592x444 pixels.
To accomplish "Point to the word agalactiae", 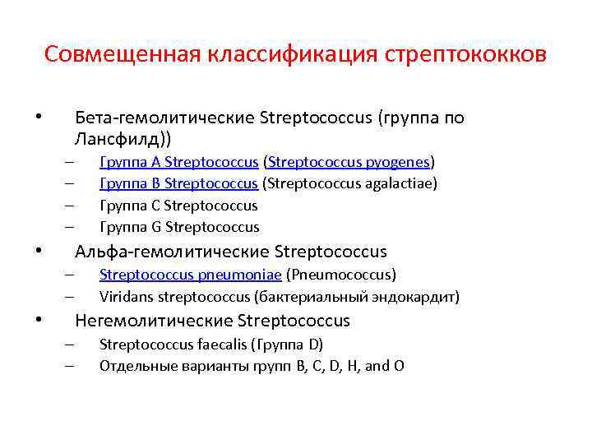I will tap(402, 183).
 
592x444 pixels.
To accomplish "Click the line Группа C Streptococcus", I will tap(178, 206).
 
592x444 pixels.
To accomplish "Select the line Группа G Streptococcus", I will tap(179, 227).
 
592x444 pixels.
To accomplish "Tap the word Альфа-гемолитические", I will tap(172, 251).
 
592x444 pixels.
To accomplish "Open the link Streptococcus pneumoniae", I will tap(190, 274).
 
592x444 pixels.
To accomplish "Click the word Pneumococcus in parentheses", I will tap(340, 274).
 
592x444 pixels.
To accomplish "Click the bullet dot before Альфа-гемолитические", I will tap(39, 251).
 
